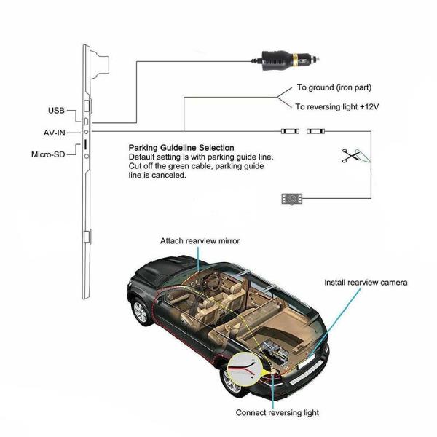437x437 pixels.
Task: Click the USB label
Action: [56, 111]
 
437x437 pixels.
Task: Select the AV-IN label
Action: [56, 133]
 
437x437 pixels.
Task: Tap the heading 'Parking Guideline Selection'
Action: [181, 147]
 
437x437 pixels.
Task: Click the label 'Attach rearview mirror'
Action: [200, 240]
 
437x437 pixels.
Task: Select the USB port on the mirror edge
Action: [86, 119]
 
